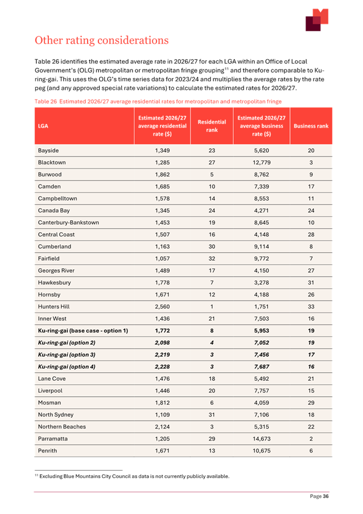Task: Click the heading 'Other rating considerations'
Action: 101,40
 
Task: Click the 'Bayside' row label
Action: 48,150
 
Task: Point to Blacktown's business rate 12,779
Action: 261,162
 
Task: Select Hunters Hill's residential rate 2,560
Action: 162,307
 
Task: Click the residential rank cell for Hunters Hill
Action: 212,307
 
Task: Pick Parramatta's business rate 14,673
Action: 261,439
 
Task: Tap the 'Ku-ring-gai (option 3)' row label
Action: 67,355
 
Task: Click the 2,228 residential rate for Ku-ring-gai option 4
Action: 162,367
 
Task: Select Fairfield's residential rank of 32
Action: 212,258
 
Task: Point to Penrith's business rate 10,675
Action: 261,451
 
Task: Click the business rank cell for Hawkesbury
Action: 311,283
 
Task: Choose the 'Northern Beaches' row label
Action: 62,427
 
